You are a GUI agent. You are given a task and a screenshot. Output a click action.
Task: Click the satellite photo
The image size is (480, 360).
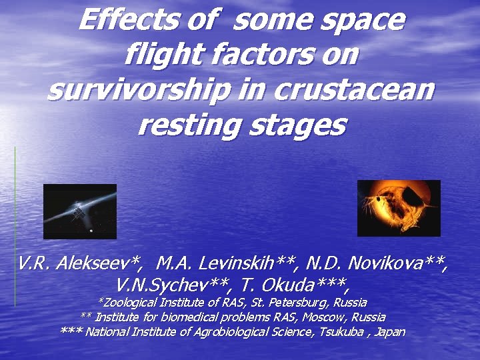[79, 211]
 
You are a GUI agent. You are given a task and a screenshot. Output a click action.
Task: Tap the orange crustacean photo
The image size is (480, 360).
[399, 208]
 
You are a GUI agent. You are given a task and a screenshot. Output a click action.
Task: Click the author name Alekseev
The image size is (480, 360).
[97, 265]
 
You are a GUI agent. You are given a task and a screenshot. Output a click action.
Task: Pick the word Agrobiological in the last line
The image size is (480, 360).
[222, 332]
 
